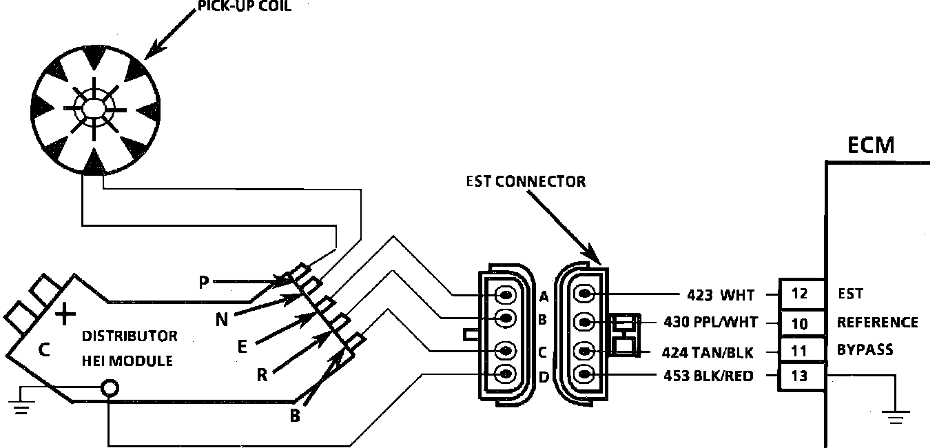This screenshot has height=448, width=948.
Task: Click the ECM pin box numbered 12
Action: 799,294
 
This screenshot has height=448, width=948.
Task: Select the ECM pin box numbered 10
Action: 799,323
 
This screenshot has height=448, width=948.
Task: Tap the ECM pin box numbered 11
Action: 799,351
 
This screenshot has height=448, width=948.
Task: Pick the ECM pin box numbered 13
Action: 799,376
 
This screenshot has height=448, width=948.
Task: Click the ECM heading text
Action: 871,145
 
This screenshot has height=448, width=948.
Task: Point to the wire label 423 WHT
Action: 720,296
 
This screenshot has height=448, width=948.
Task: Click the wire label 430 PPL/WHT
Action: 710,322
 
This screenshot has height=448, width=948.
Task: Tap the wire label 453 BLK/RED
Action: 708,376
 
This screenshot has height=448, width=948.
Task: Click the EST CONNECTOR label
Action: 526,182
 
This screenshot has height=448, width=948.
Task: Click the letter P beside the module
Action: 203,282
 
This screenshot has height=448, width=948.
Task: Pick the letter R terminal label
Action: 262,375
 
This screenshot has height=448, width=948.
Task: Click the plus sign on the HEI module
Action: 65,316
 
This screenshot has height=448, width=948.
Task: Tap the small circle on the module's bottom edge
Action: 108,388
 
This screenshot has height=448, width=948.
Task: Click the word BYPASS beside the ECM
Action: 865,349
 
